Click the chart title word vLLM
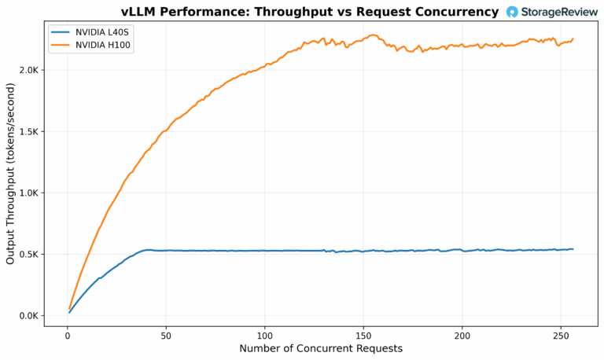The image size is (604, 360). (141, 12)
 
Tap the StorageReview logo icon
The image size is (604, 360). (513, 12)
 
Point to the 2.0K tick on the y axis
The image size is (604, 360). (30, 70)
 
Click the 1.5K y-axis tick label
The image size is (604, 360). (30, 131)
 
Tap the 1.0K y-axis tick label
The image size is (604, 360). (30, 193)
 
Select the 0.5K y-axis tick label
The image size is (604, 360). (30, 254)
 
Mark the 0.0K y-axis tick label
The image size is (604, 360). (30, 316)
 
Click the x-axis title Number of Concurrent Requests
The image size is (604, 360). (321, 348)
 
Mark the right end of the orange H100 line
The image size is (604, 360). (573, 39)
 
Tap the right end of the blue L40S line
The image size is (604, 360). (573, 249)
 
